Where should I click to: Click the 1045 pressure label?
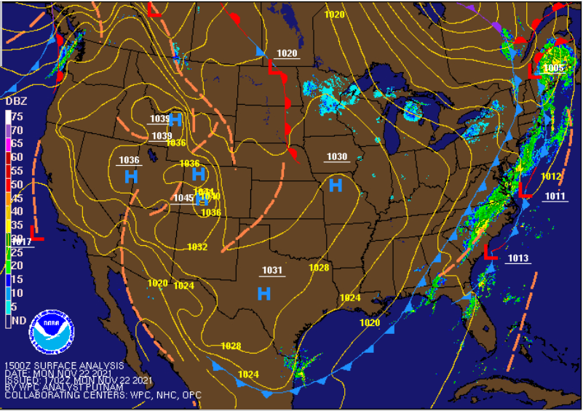click(x=183, y=199)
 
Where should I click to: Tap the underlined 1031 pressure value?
click(x=272, y=271)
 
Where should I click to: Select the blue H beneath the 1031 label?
click(x=264, y=294)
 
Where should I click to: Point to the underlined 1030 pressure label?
click(x=336, y=157)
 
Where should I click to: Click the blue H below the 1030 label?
click(x=336, y=185)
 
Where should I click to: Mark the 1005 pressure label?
click(x=553, y=68)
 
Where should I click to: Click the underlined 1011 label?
click(x=555, y=196)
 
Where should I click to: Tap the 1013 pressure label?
click(x=518, y=258)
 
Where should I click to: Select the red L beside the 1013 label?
click(x=491, y=252)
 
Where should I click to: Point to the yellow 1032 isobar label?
click(x=197, y=247)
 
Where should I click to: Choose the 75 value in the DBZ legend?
click(x=17, y=116)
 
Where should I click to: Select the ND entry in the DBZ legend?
click(x=18, y=320)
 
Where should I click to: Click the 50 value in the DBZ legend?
click(x=17, y=185)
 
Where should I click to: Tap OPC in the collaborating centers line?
click(x=191, y=395)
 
